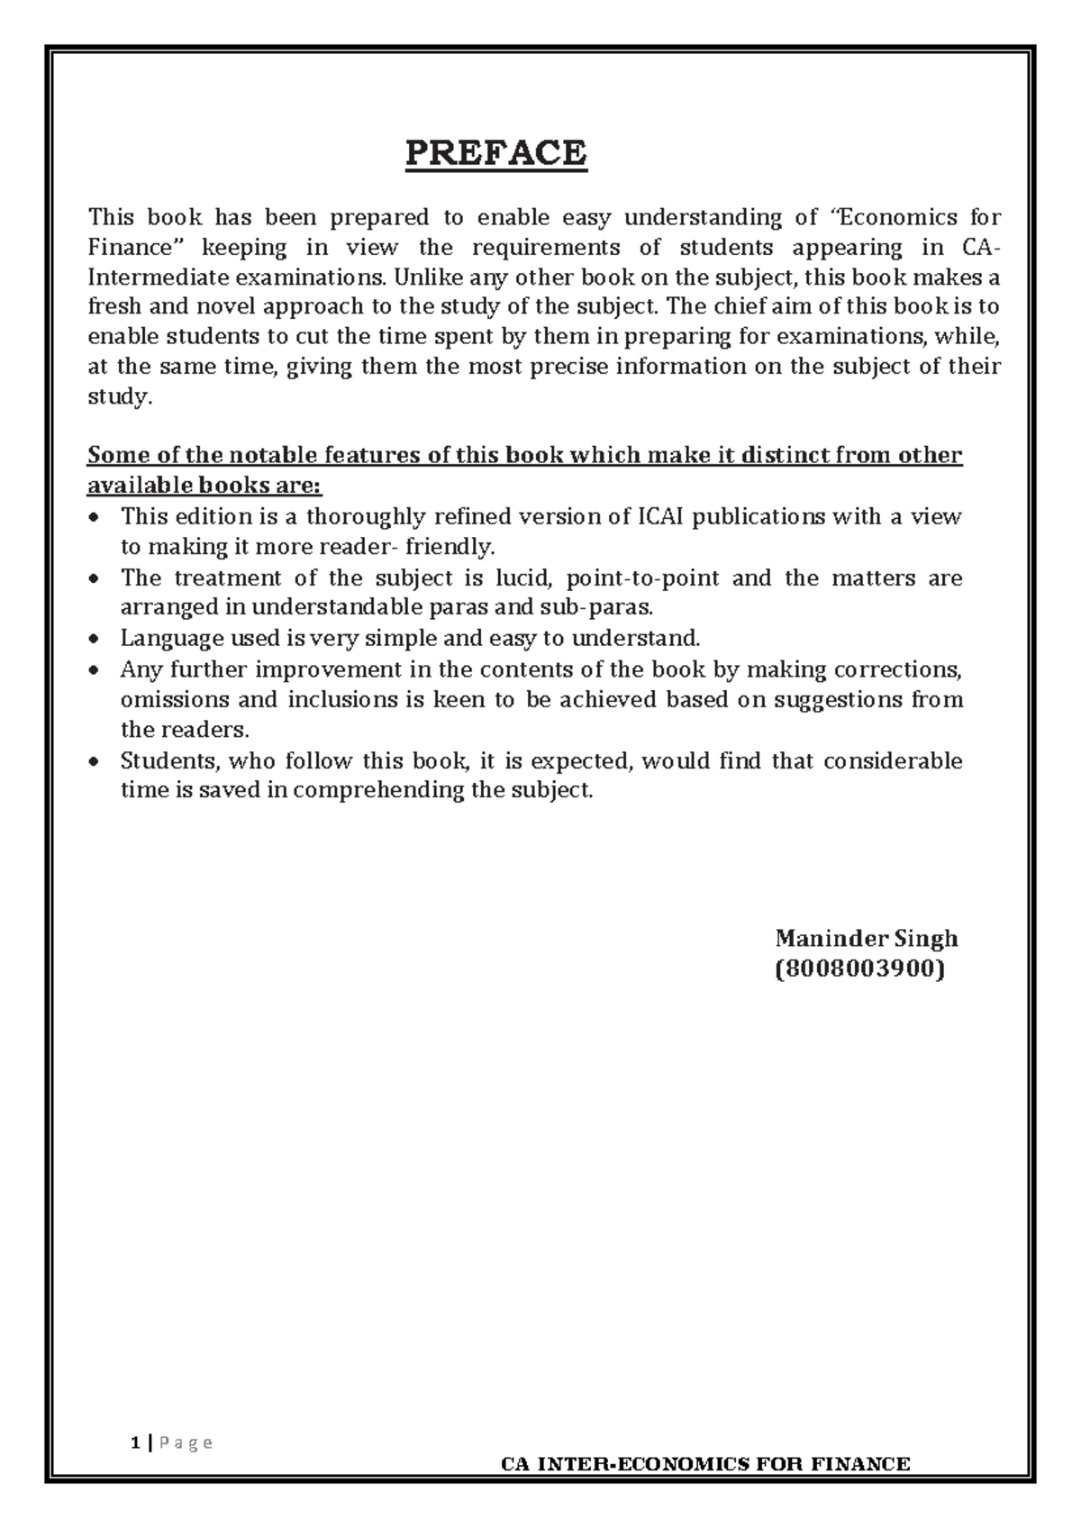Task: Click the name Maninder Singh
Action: [x=866, y=939]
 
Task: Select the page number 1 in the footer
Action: [x=135, y=1442]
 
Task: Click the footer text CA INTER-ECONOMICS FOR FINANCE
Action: [x=705, y=1464]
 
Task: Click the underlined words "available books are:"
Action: [x=204, y=487]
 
